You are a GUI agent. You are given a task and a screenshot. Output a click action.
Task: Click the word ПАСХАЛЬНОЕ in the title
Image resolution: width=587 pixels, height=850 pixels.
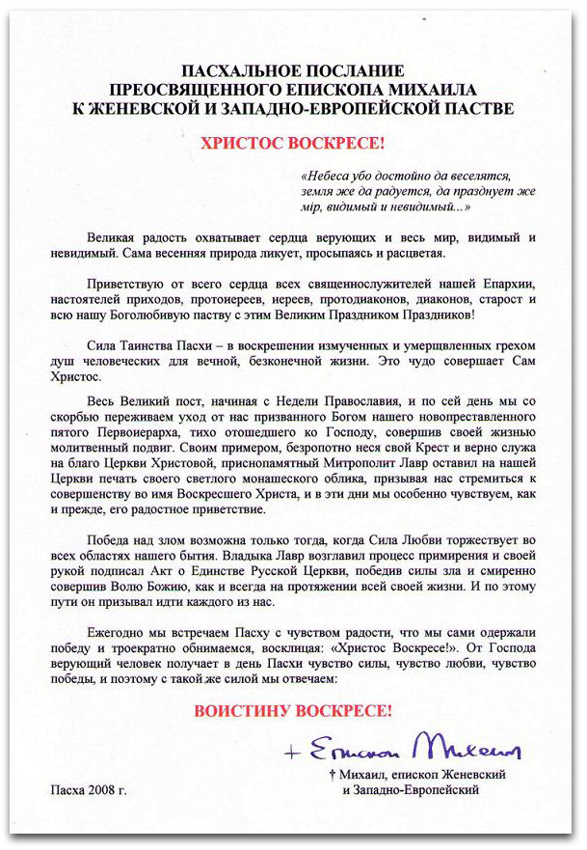(230, 70)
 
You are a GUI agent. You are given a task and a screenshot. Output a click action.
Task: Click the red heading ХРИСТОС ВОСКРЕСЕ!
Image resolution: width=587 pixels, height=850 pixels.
(291, 142)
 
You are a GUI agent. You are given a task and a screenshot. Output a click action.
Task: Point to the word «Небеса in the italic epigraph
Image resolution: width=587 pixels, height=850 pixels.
(327, 178)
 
